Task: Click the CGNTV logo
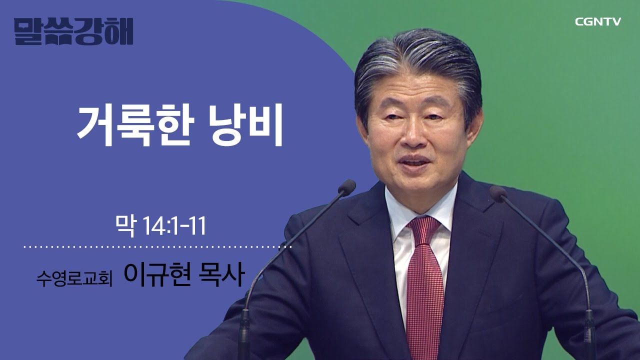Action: click(x=597, y=21)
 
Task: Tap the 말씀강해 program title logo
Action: click(x=73, y=31)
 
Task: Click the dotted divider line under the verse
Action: click(x=157, y=247)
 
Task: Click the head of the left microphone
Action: click(x=346, y=187)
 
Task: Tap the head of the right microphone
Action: click(x=498, y=193)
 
